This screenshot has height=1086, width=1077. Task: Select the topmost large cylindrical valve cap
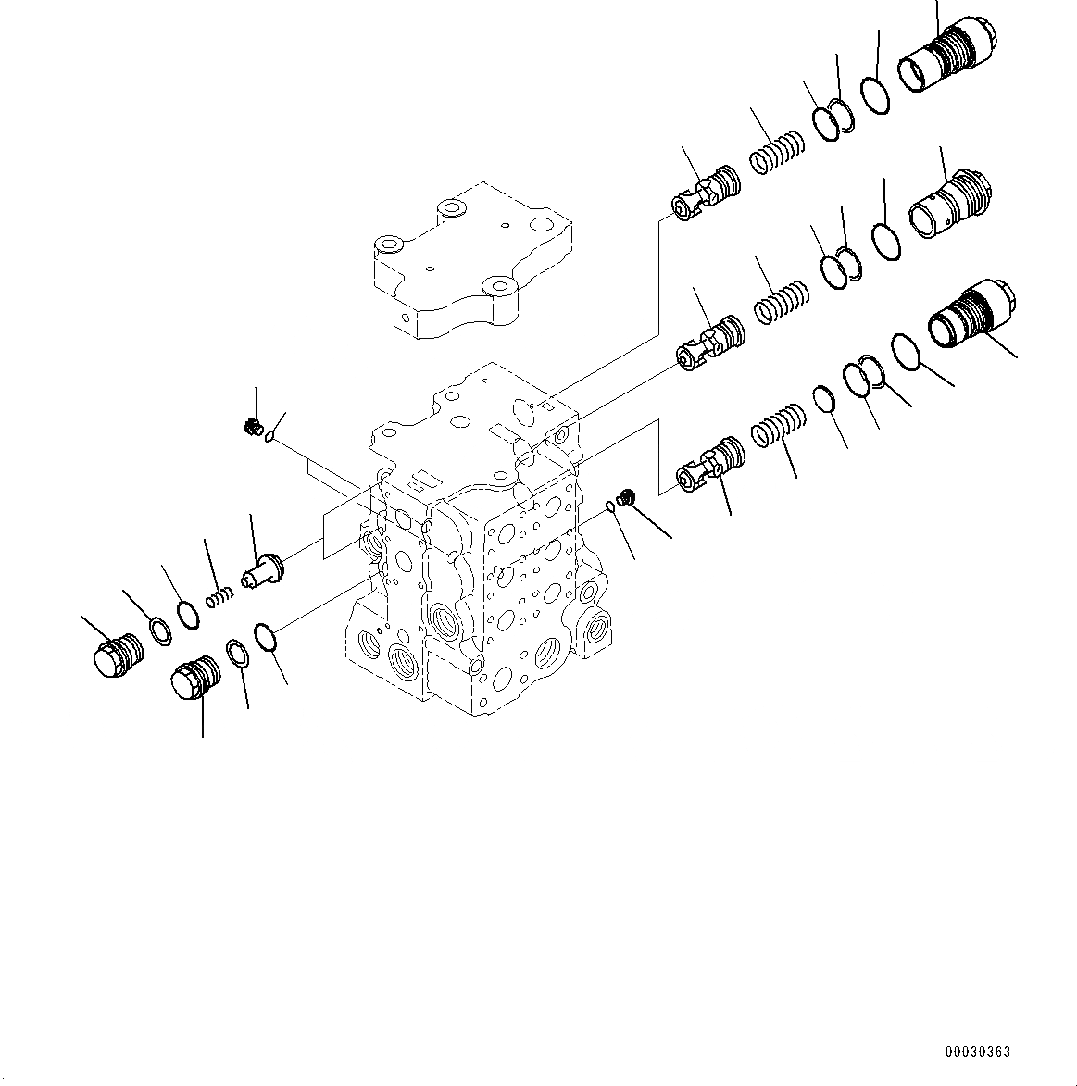pyautogui.click(x=946, y=55)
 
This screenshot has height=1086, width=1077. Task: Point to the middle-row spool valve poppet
pyautogui.click(x=710, y=342)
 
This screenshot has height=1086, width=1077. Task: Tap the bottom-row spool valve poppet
pyautogui.click(x=711, y=462)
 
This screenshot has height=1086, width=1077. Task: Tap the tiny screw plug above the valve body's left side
pyautogui.click(x=250, y=428)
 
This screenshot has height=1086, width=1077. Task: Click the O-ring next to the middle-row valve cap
pyautogui.click(x=886, y=242)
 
